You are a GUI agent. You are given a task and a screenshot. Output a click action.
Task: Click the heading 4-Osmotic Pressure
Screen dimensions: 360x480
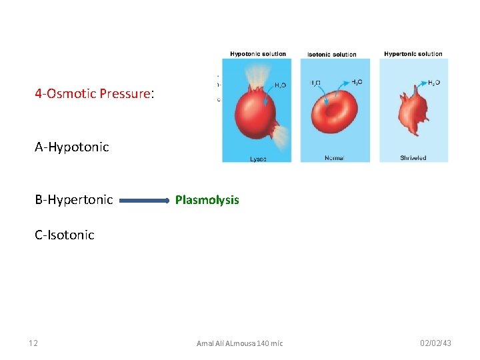tap(94, 94)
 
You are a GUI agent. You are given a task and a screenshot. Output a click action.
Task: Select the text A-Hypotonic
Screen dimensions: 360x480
tap(72, 147)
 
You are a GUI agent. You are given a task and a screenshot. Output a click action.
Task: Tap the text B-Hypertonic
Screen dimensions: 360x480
tap(74, 200)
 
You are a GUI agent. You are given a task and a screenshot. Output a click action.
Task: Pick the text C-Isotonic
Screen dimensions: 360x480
tap(65, 235)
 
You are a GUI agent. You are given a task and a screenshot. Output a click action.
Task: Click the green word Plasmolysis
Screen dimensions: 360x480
tap(207, 200)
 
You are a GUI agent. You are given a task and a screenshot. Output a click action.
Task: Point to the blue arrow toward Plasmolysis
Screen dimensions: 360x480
tap(145, 200)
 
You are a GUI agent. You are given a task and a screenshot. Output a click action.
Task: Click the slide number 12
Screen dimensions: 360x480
tap(33, 343)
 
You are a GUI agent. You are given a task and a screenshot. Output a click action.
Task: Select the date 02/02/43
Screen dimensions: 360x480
tap(435, 343)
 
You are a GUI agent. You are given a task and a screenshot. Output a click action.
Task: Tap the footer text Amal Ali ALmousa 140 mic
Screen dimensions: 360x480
tap(239, 343)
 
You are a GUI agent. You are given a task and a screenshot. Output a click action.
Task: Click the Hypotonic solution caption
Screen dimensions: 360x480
tap(258, 54)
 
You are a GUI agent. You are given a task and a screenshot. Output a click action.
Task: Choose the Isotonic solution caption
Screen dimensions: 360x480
tap(332, 54)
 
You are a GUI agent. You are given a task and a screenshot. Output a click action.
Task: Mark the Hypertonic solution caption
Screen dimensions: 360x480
tap(413, 54)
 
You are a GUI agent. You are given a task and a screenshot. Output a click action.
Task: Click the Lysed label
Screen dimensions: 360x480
tap(259, 159)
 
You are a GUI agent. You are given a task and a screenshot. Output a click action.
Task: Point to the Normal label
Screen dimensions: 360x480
tap(334, 158)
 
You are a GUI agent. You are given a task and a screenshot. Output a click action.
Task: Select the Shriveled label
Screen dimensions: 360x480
tap(413, 158)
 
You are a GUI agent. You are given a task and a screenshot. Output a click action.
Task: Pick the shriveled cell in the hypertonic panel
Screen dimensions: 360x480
tap(413, 113)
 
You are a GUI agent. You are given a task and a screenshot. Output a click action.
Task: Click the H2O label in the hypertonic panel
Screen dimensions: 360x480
tap(433, 83)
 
